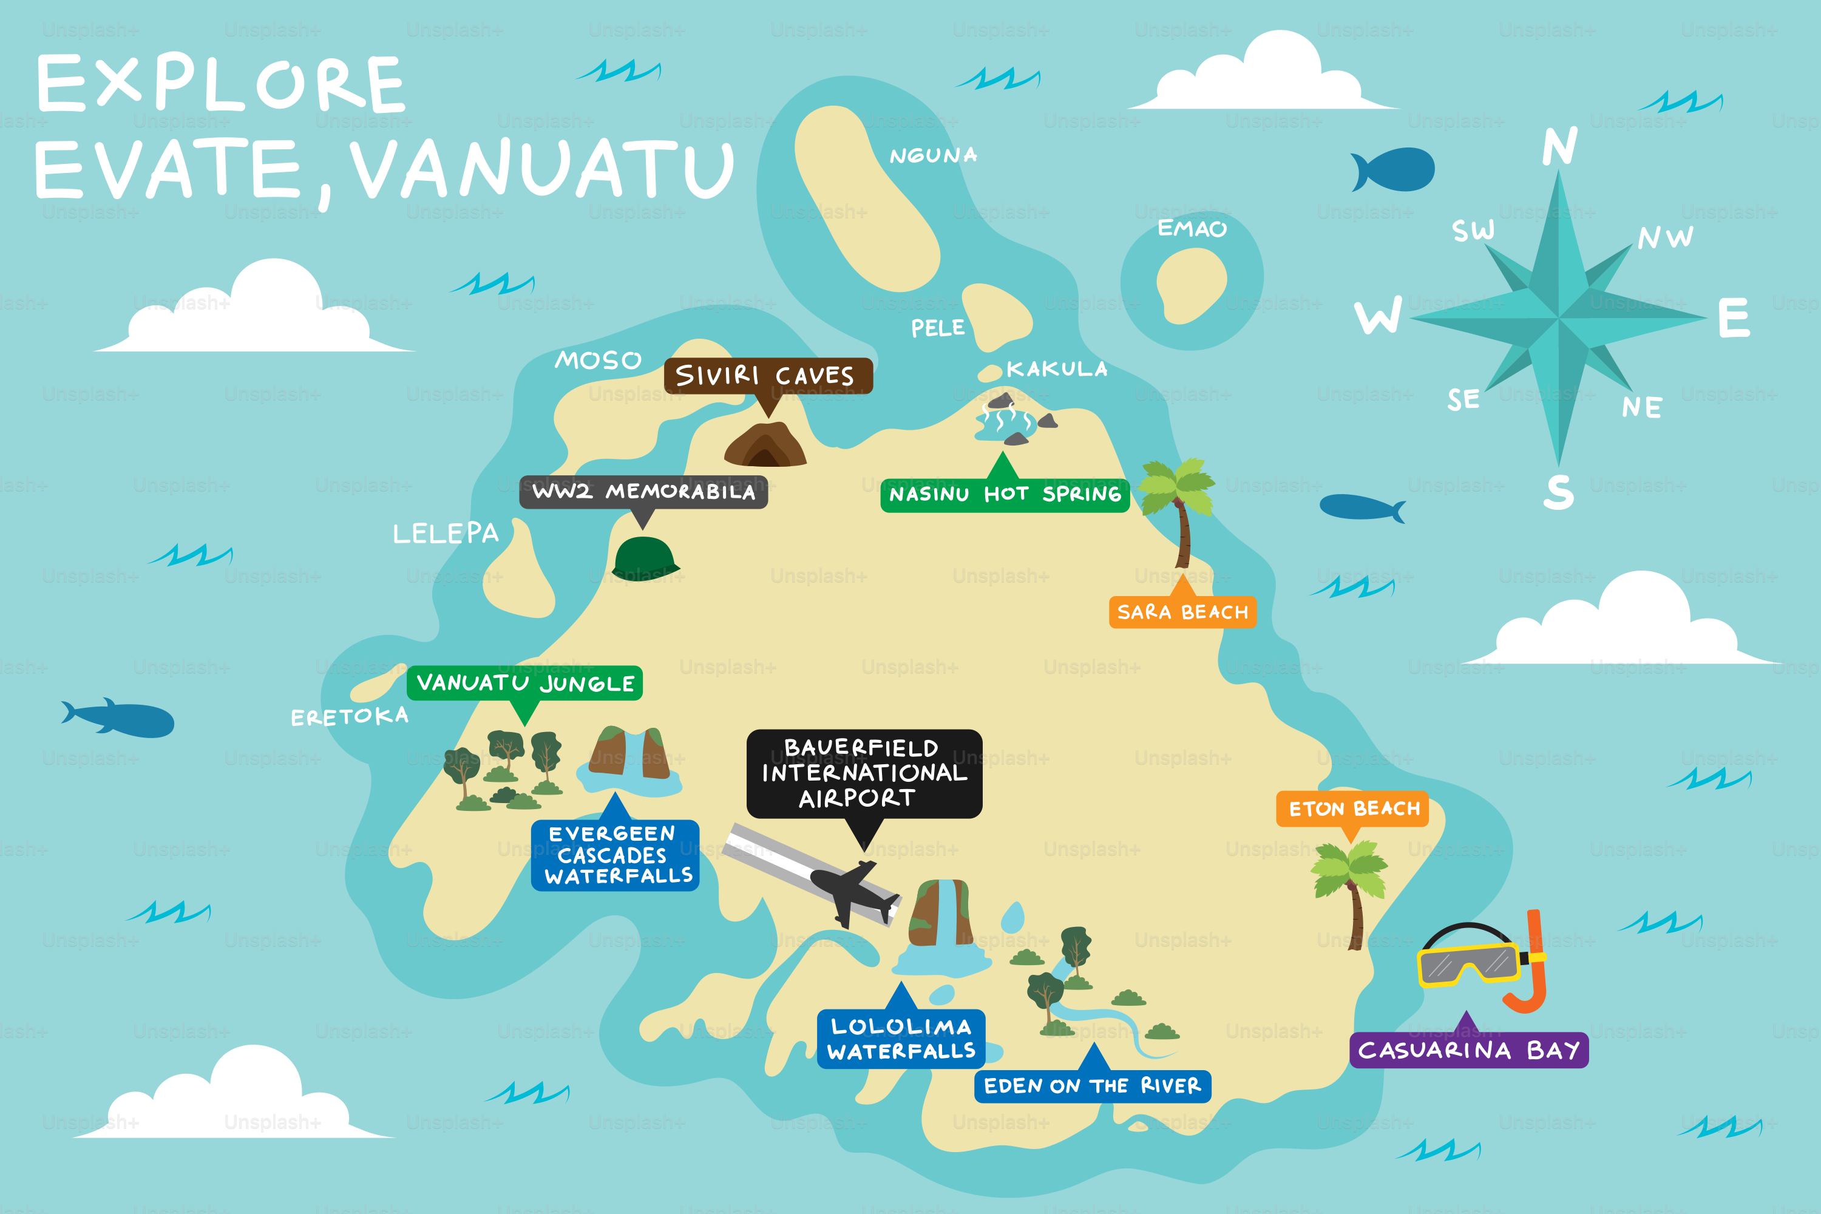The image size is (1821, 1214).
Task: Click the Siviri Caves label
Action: [x=767, y=376]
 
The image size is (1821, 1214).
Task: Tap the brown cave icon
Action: [x=765, y=445]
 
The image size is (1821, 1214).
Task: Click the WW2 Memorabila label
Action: [x=643, y=492]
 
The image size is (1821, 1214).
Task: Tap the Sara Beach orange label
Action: [x=1182, y=612]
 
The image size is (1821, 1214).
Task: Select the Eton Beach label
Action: [x=1352, y=809]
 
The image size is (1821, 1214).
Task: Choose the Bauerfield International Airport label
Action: [x=864, y=773]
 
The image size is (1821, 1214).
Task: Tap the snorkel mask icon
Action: [x=1479, y=961]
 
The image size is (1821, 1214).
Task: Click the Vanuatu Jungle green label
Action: [x=524, y=683]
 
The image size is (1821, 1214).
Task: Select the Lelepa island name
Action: [x=445, y=534]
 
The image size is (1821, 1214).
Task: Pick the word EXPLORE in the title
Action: [x=221, y=84]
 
